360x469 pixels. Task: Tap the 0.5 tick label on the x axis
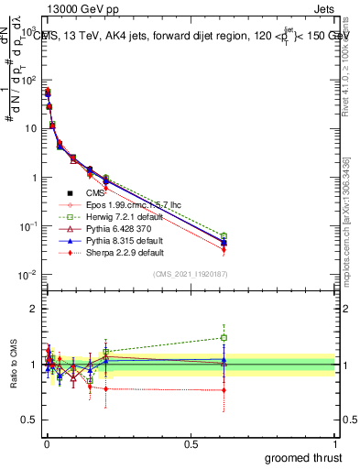coord(191,442)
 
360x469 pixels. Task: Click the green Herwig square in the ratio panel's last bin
coord(224,337)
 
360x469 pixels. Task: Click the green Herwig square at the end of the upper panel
coord(224,236)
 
